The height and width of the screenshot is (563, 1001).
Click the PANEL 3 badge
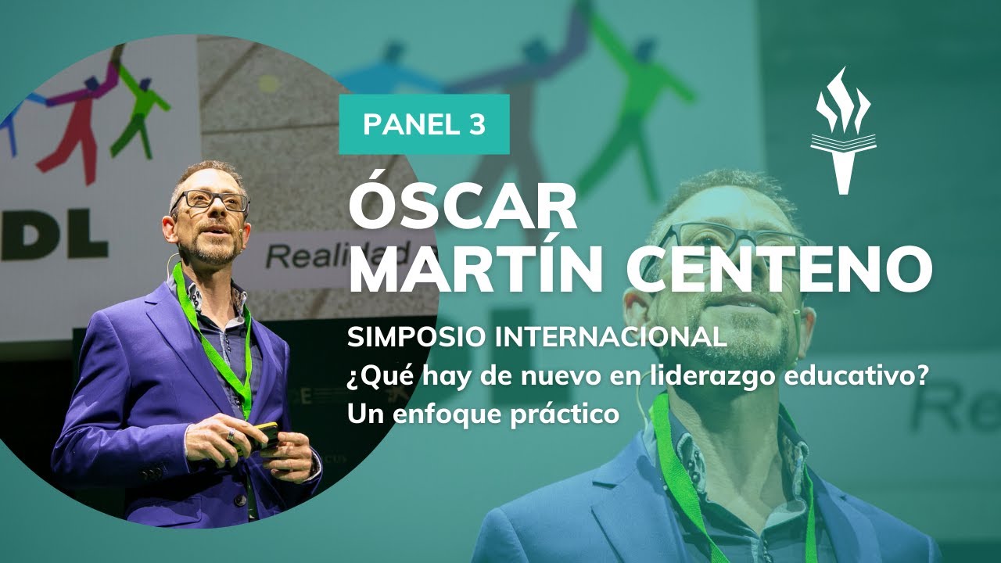[424, 124]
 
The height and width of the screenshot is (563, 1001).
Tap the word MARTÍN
[484, 270]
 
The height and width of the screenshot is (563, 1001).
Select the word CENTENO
[785, 270]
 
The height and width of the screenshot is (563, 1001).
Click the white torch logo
[843, 131]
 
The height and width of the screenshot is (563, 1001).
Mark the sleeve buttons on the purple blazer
[154, 472]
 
